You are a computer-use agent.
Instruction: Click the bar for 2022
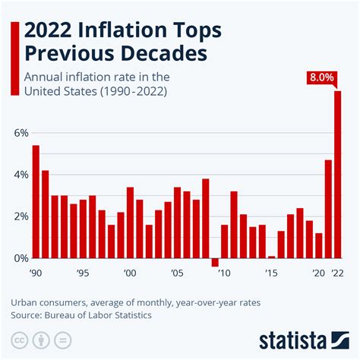[x=338, y=175]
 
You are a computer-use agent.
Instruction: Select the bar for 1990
[x=36, y=201]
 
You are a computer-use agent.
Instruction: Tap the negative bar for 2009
[x=215, y=263]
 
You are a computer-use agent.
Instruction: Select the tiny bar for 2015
[x=271, y=257]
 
